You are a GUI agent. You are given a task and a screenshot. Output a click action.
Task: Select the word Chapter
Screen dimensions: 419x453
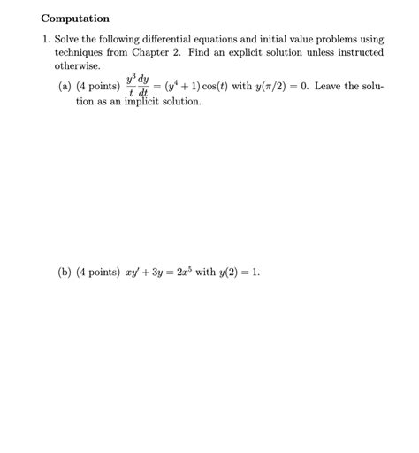[x=178, y=53]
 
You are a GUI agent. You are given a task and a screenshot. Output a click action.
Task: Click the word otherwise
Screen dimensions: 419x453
[x=78, y=66]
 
